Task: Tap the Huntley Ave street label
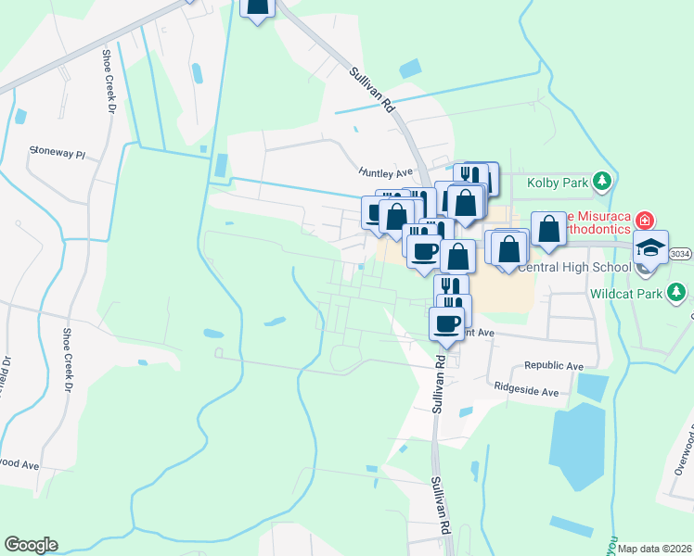384,172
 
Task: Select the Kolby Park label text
558,182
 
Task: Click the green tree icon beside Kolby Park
603,181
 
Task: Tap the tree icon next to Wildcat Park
679,294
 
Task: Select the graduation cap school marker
649,247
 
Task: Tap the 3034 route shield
680,251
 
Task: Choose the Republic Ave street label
553,366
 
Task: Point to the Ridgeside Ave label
526,391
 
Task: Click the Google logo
31,545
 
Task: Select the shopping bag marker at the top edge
259,6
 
